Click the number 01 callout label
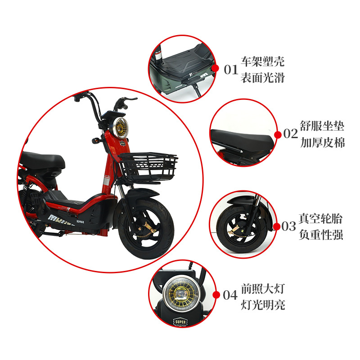[x=231, y=70]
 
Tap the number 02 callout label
[x=290, y=134]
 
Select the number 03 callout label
[x=288, y=226]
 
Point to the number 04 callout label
[x=230, y=295]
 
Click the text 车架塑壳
[x=263, y=61]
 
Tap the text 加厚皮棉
[x=323, y=143]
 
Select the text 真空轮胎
[x=320, y=218]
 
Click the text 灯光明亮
[x=263, y=305]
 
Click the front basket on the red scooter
[x=148, y=166]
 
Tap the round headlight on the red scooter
[x=121, y=128]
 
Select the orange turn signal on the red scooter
[x=95, y=140]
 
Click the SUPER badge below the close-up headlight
[x=180, y=322]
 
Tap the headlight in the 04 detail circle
[x=181, y=294]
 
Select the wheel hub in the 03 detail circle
[x=241, y=229]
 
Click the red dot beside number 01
[x=216, y=68]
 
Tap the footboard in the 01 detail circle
[x=184, y=62]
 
